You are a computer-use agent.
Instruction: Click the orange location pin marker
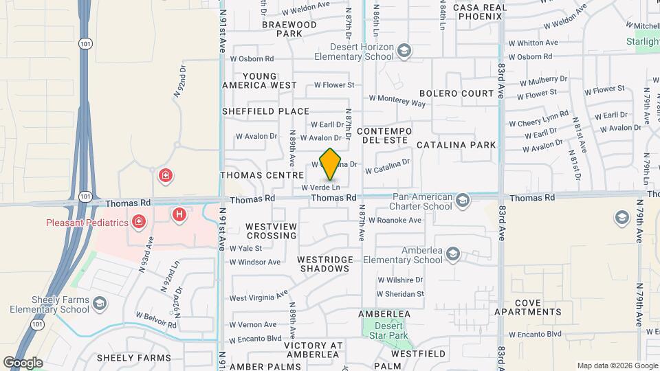point(331,165)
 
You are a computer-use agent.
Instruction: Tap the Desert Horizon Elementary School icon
point(406,49)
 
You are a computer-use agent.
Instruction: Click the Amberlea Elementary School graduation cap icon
point(452,254)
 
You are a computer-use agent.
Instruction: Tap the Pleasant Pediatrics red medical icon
point(139,221)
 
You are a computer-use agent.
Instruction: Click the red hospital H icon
point(179,215)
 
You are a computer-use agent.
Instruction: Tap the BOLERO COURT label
point(456,93)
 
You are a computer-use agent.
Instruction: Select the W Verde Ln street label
point(320,187)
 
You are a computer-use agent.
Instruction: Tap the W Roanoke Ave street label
point(395,221)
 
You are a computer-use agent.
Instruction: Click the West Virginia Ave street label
point(258,296)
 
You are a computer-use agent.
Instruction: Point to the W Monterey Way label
point(398,101)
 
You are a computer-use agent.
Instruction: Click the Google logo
point(23,363)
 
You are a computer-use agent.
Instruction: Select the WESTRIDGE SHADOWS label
point(325,264)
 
